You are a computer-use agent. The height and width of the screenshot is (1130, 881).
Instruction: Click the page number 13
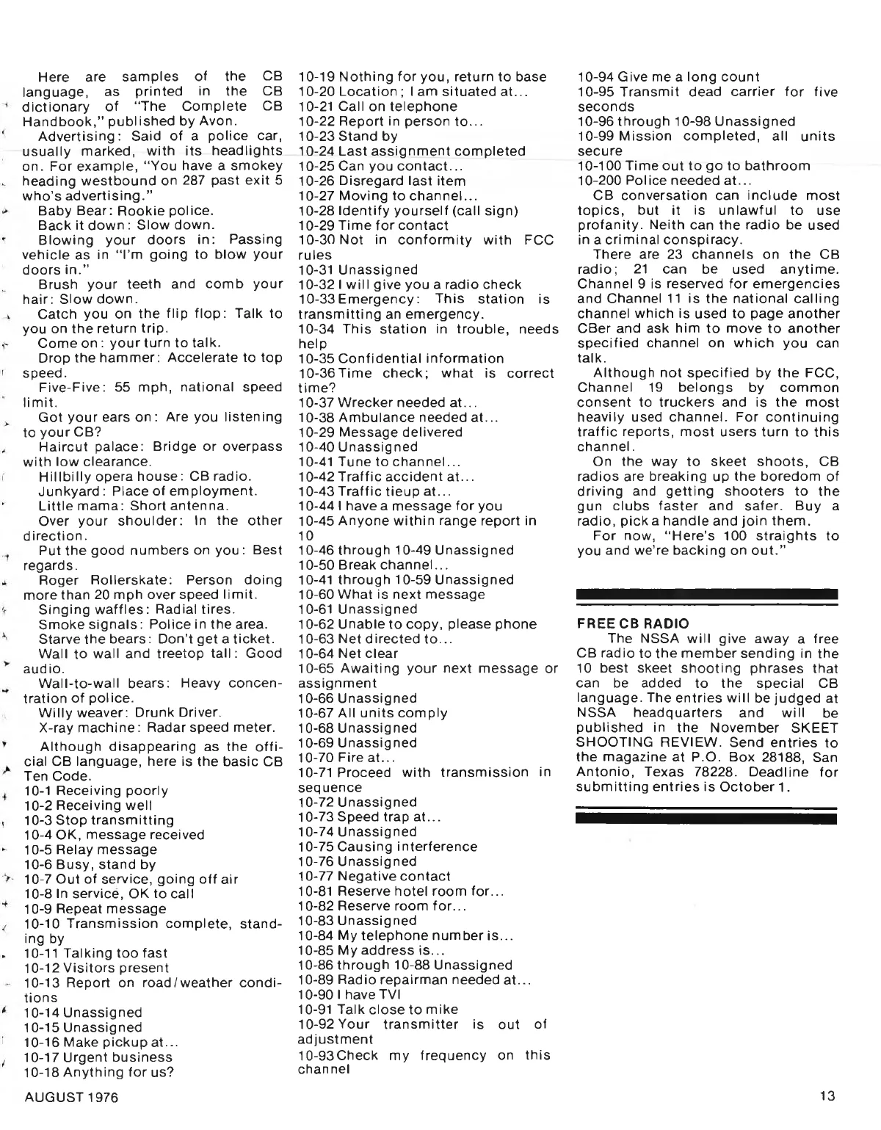tap(827, 1096)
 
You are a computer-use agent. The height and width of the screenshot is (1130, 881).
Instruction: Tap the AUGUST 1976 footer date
tap(71, 1097)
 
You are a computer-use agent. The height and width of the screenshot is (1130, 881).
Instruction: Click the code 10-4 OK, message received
tap(114, 835)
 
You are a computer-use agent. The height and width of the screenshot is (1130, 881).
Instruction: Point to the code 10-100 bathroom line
tap(694, 166)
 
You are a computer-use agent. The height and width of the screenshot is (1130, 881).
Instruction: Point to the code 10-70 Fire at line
tap(347, 757)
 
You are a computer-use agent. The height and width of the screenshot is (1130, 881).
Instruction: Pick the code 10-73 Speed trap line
tap(369, 816)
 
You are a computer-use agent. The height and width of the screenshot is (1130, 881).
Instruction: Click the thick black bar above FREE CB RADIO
tap(707, 593)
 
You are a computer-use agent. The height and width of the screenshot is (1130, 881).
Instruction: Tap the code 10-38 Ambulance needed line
tap(398, 417)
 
